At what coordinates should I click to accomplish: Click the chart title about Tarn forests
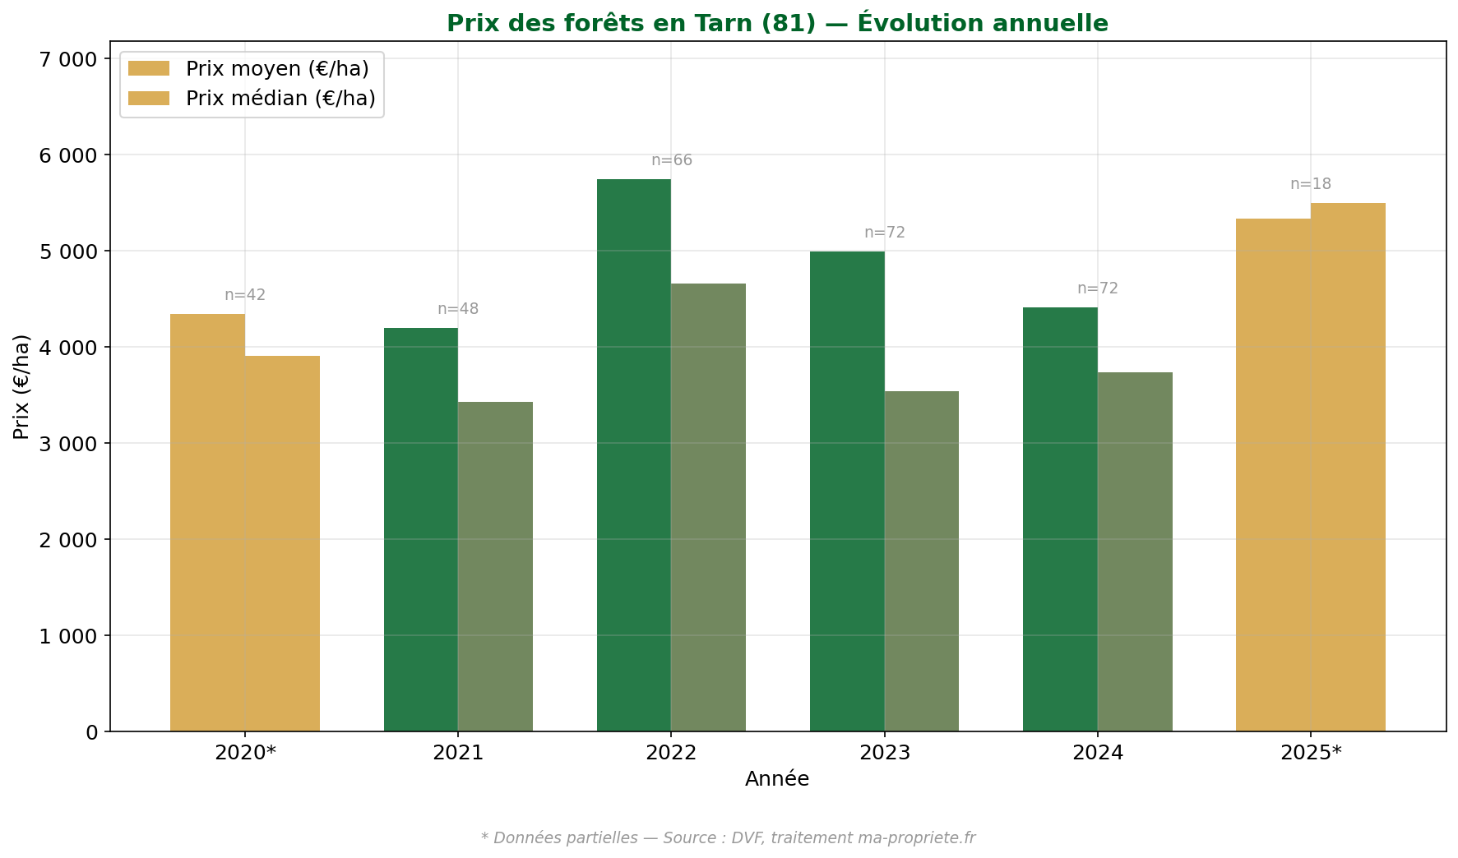click(777, 23)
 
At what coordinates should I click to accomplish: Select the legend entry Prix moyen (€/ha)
click(276, 69)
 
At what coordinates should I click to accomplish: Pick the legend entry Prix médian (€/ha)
click(280, 99)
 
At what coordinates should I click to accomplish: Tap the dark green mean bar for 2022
click(633, 456)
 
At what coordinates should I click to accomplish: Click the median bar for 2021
click(495, 567)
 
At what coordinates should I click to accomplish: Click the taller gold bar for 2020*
click(207, 523)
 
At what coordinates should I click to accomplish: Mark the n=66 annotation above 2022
click(672, 160)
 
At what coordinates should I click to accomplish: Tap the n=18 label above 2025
click(1310, 184)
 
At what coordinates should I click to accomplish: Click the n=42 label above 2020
click(245, 295)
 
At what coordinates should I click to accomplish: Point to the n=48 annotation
click(458, 309)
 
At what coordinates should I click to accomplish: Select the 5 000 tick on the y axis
click(67, 251)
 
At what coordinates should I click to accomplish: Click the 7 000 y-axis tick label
click(67, 59)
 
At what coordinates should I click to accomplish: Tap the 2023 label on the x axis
click(884, 753)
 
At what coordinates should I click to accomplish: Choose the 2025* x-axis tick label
click(1311, 753)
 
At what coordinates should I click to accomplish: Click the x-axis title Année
click(777, 779)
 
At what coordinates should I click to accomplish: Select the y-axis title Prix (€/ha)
click(22, 386)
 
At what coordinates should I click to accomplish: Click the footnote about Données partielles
click(728, 837)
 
